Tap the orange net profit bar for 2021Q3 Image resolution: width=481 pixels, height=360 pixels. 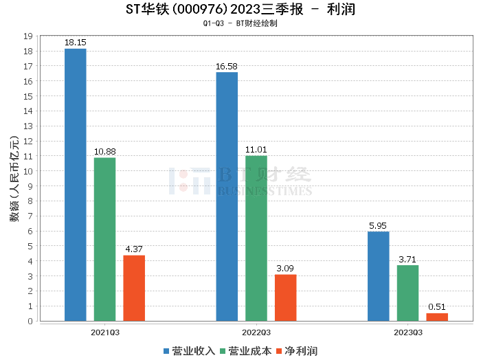[134, 288]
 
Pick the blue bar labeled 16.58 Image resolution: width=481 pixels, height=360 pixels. [227, 196]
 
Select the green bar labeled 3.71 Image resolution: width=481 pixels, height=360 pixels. [407, 293]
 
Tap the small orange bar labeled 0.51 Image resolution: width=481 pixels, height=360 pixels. [437, 317]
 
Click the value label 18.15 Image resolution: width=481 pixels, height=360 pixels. [75, 43]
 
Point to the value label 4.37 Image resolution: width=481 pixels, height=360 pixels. [134, 249]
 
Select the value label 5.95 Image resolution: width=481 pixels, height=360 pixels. [378, 225]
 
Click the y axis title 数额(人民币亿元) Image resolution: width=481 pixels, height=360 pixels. [14, 179]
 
